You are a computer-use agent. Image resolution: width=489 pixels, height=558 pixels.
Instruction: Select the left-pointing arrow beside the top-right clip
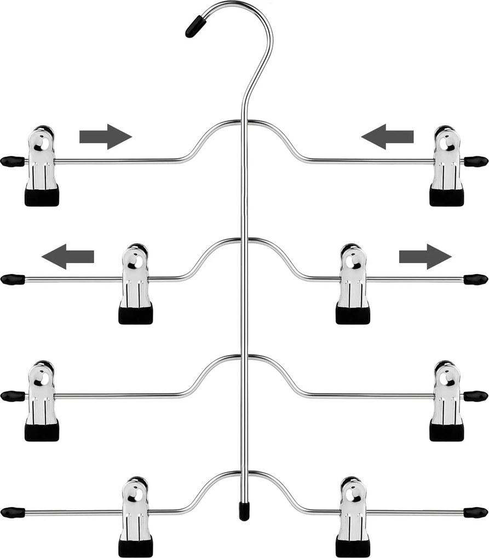coord(387,136)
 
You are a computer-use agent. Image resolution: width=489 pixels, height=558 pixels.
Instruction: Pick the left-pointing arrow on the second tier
coord(68,256)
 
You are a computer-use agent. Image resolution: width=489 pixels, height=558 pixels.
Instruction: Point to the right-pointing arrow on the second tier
coord(425,256)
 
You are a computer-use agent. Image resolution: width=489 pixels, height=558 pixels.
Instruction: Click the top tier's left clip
coord(42,166)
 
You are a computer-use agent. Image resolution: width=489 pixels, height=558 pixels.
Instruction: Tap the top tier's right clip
coord(446,166)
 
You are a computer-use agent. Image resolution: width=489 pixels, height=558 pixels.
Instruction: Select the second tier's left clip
coord(135,284)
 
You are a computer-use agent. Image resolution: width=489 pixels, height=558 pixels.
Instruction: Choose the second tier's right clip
coord(353,284)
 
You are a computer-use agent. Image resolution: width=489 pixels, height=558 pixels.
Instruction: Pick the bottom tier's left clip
coord(135,517)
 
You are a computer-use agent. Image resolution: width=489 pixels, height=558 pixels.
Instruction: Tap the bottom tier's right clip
coord(353,517)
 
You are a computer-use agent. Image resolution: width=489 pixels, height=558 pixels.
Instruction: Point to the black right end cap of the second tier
coord(475,280)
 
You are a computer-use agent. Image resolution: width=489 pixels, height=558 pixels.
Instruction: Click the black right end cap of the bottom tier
coord(475,513)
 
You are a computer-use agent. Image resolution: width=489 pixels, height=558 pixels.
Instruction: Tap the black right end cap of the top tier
coord(475,161)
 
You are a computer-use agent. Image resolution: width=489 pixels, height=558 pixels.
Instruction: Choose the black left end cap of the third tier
coord(12,396)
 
